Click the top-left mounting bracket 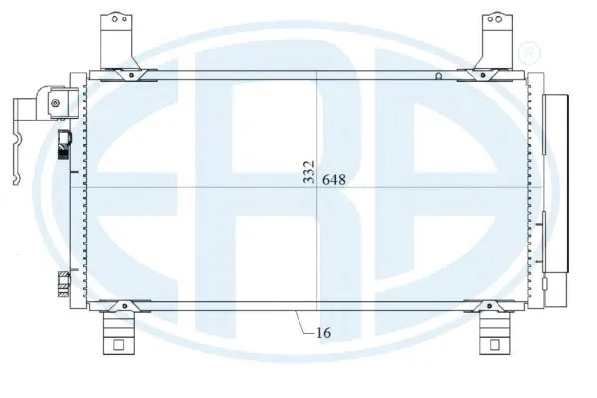click(x=117, y=38)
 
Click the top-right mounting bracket click(x=494, y=38)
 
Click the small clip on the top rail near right click(x=439, y=75)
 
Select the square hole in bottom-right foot click(x=494, y=345)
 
